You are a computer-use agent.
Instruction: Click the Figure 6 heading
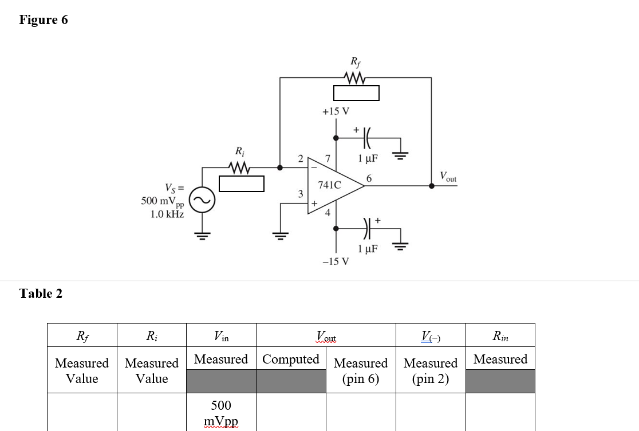pyautogui.click(x=44, y=20)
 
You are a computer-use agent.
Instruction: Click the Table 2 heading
pyautogui.click(x=41, y=294)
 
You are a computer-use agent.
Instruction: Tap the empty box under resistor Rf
pyautogui.click(x=356, y=93)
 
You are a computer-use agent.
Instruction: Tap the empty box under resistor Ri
pyautogui.click(x=241, y=184)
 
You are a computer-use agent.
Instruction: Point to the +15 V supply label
pyautogui.click(x=336, y=111)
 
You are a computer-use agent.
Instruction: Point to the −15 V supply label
pyautogui.click(x=336, y=262)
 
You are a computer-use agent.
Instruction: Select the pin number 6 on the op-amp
pyautogui.click(x=369, y=178)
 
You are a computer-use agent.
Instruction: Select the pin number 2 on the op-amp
pyautogui.click(x=301, y=158)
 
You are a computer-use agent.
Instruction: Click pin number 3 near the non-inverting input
pyautogui.click(x=300, y=194)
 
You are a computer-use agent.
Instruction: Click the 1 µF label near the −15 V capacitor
pyautogui.click(x=366, y=249)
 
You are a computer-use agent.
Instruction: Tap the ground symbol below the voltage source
pyautogui.click(x=202, y=234)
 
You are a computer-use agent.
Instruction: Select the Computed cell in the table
pyautogui.click(x=291, y=360)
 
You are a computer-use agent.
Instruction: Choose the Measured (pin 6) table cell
pyautogui.click(x=361, y=370)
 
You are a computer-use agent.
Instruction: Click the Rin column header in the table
pyautogui.click(x=500, y=336)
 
